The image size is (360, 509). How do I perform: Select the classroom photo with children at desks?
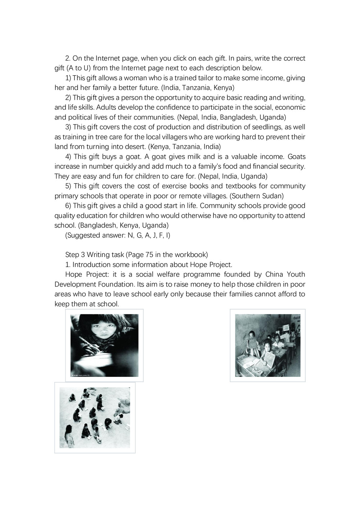[x=267, y=345]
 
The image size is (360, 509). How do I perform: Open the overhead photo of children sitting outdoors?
[x=95, y=417]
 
